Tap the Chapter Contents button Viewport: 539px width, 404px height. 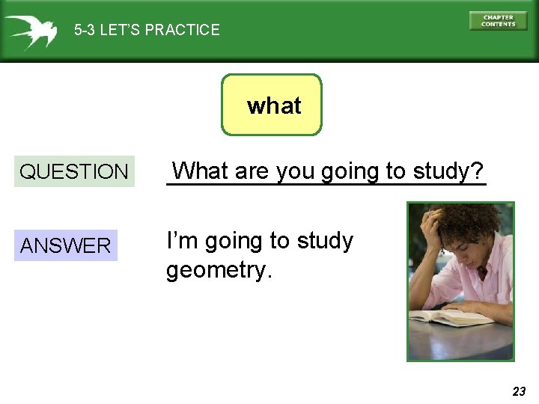click(498, 21)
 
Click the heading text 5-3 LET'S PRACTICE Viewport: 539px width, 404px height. click(147, 31)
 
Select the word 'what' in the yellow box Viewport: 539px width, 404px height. click(274, 106)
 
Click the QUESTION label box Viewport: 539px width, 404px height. click(74, 171)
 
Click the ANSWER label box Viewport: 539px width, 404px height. click(66, 245)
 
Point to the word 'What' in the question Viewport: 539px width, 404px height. click(201, 171)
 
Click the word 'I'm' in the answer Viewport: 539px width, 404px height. click(182, 241)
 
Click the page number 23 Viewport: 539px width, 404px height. click(519, 391)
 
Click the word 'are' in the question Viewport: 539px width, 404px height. click(252, 171)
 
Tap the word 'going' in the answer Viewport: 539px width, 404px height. click(234, 241)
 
